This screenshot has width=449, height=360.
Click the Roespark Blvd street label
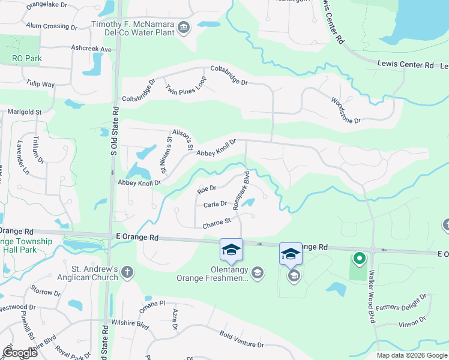click(241, 190)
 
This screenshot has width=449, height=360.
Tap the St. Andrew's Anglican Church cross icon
click(127, 272)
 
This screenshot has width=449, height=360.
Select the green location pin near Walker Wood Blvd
click(360, 259)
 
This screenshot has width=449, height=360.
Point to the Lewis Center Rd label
click(405, 64)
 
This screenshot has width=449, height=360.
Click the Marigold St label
click(24, 112)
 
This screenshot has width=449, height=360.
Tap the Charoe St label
click(217, 223)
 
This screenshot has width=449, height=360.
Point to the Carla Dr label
click(215, 205)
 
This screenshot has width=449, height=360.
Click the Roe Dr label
click(206, 190)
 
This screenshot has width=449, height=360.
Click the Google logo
click(20, 353)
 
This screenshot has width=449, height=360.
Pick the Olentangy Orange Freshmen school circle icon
click(258, 273)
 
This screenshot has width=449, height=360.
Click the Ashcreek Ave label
click(91, 48)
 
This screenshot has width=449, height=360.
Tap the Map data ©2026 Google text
click(411, 355)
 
